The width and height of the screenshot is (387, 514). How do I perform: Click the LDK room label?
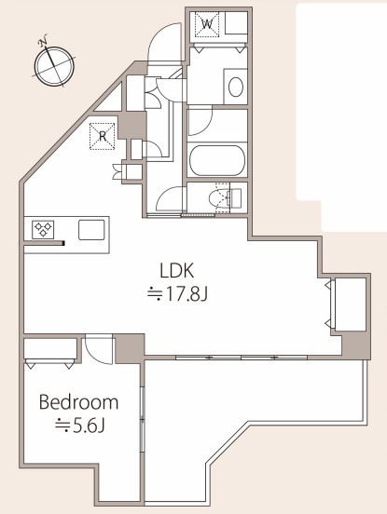point(177,271)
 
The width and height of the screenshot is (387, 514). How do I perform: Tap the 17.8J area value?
point(177,294)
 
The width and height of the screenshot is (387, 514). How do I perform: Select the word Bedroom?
point(78,402)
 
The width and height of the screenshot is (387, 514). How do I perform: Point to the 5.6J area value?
point(79,426)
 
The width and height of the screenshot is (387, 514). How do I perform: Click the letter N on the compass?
point(42,41)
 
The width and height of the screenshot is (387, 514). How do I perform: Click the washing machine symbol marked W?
point(207,24)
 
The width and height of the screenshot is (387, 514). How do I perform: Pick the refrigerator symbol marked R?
point(103,136)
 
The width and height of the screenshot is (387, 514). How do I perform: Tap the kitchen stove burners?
point(43,229)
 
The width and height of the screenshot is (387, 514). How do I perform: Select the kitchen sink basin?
point(91,229)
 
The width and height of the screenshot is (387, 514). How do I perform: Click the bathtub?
point(217,160)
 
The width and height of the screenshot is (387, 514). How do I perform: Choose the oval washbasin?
point(236,88)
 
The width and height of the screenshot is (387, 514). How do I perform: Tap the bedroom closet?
point(50,349)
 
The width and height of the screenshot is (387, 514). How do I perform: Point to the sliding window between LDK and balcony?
point(242,358)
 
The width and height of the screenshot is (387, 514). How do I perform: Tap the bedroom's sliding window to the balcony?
point(142,419)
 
